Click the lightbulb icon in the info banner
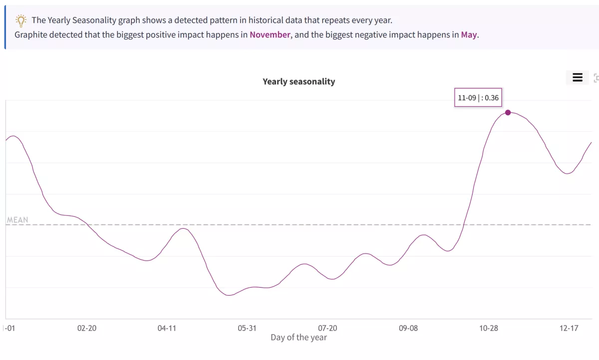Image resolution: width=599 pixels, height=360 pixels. (x=21, y=20)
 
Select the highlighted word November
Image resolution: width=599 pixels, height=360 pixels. (x=270, y=35)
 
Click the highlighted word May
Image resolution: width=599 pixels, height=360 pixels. (x=469, y=35)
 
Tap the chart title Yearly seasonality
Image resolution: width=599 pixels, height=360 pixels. (x=299, y=81)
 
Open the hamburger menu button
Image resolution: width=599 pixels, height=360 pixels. (x=578, y=77)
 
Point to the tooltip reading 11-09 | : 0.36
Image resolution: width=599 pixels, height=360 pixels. (x=478, y=97)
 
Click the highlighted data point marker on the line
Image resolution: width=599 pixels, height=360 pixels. (x=508, y=112)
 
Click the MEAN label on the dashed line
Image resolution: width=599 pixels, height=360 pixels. (x=17, y=220)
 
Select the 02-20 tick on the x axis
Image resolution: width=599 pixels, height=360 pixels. (x=87, y=328)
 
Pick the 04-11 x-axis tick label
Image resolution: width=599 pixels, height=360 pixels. (x=167, y=328)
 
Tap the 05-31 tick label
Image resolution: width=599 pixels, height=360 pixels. (x=247, y=328)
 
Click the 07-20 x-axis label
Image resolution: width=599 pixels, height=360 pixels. (x=327, y=328)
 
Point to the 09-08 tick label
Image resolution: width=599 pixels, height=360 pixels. (x=408, y=328)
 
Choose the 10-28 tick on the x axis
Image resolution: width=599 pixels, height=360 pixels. (x=489, y=328)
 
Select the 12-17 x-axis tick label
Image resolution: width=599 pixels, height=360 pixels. (x=569, y=328)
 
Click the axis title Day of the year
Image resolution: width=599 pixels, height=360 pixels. (x=299, y=338)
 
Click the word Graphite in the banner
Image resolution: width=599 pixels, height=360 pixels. (x=31, y=35)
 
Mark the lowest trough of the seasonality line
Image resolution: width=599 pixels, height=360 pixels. (x=229, y=295)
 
